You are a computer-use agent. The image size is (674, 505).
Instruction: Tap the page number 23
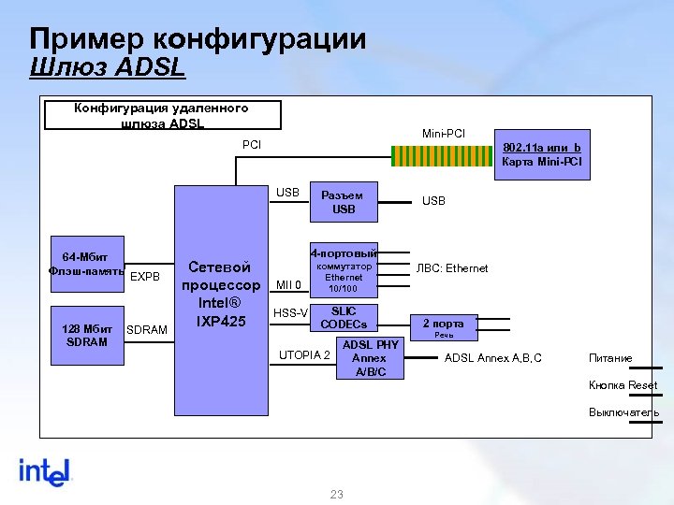(x=337, y=494)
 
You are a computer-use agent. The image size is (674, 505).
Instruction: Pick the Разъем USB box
(x=344, y=202)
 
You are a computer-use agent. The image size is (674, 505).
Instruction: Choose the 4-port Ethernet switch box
(x=344, y=270)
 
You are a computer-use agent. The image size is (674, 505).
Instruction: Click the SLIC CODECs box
(x=344, y=318)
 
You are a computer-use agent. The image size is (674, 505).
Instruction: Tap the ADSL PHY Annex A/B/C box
(x=370, y=358)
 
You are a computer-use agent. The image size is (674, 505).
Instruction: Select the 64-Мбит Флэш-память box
(x=85, y=264)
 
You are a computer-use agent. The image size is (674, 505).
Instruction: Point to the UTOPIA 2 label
(x=304, y=355)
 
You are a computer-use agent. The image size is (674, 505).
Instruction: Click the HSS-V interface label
(x=290, y=312)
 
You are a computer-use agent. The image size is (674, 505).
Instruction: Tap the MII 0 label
(x=289, y=284)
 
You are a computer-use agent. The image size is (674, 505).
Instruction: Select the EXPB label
(x=145, y=276)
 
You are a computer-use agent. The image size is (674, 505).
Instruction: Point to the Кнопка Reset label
(x=623, y=385)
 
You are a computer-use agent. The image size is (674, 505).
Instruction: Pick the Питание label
(x=610, y=358)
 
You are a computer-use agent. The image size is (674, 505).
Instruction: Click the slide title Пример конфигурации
(x=198, y=39)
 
